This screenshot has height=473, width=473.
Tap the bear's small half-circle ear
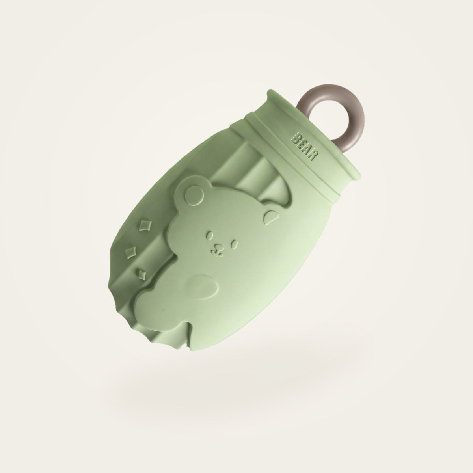click(271, 216)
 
